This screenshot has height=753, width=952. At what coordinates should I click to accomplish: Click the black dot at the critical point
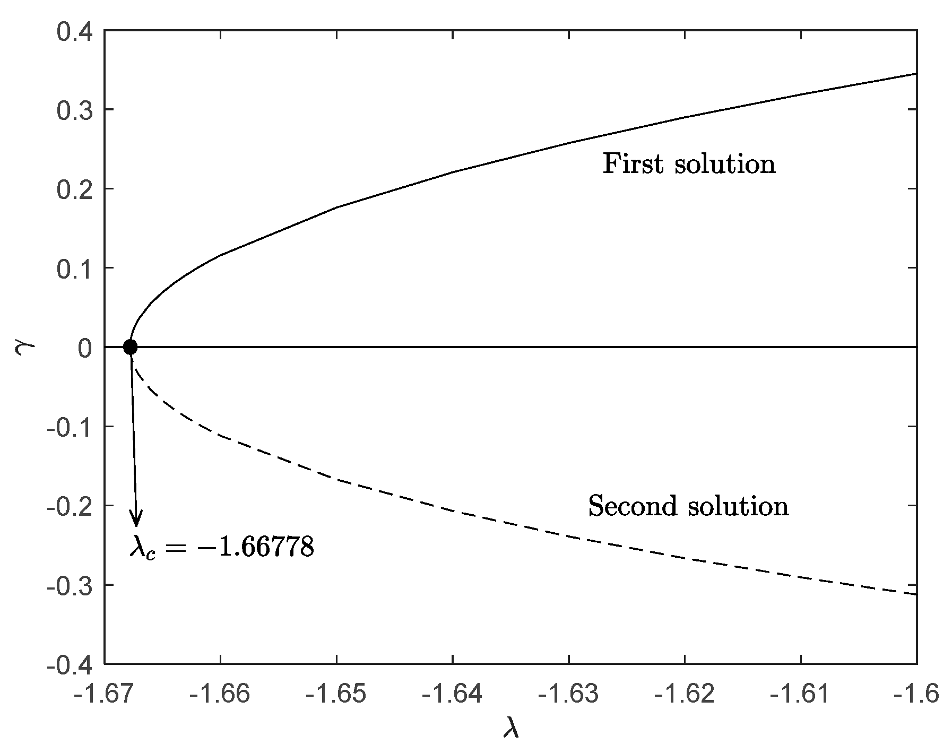click(130, 347)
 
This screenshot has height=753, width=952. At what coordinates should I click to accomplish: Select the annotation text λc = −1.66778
click(222, 547)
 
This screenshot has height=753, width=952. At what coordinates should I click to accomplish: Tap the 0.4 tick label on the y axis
click(74, 31)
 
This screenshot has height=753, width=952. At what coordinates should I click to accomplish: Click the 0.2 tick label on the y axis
click(74, 189)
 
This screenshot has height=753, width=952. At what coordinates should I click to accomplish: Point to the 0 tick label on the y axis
click(85, 348)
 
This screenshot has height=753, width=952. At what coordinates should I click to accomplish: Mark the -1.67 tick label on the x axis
click(104, 693)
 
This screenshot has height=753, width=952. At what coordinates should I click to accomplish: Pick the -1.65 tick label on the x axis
click(336, 693)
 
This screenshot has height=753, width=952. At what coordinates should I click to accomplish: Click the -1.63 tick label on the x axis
click(568, 693)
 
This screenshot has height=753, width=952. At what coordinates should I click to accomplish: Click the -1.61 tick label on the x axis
click(800, 693)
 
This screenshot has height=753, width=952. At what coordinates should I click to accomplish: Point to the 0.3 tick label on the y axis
click(74, 110)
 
